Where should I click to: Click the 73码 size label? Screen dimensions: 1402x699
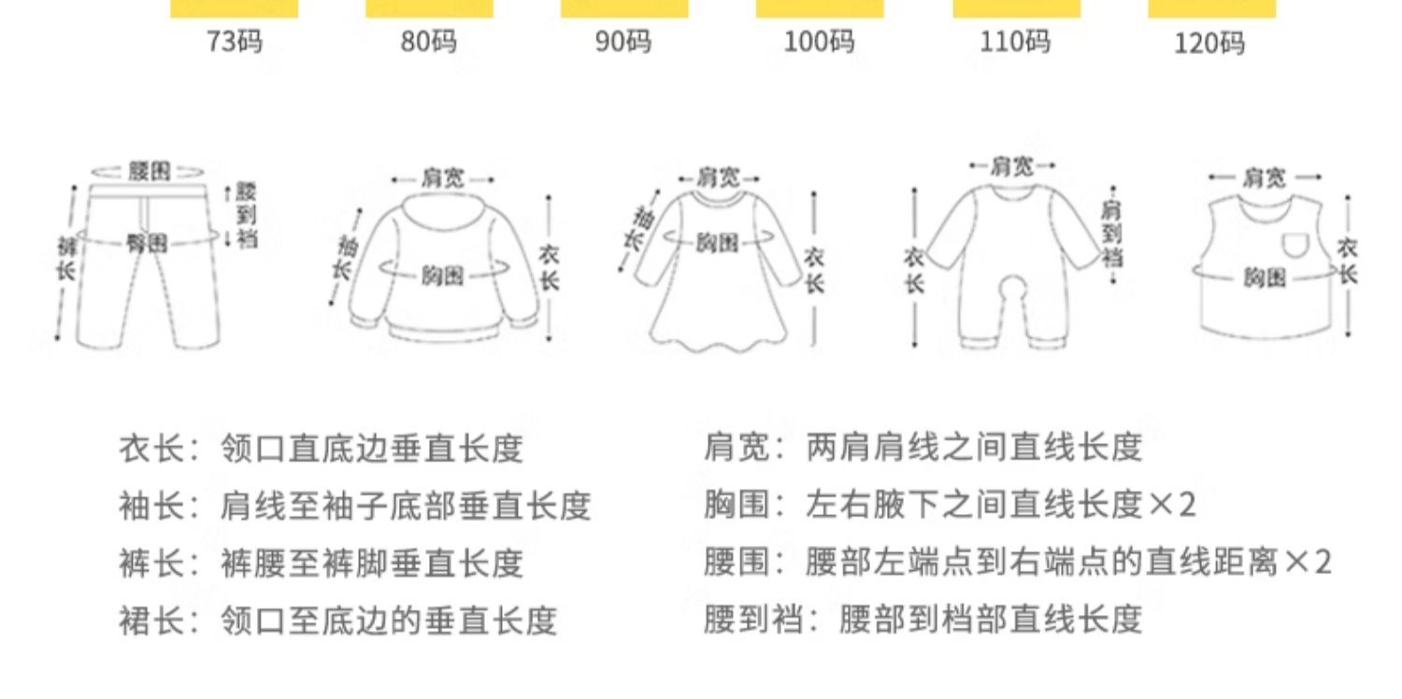pyautogui.click(x=234, y=42)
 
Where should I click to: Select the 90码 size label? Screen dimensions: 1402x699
pyautogui.click(x=623, y=43)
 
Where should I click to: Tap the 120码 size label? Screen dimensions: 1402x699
pyautogui.click(x=1209, y=43)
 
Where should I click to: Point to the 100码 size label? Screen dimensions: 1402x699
pyautogui.click(x=819, y=42)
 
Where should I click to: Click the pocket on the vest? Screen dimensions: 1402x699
pyautogui.click(x=1295, y=245)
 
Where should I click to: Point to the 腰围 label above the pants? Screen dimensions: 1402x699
pyautogui.click(x=150, y=171)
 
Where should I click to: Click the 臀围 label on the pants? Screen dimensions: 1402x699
pyautogui.click(x=148, y=244)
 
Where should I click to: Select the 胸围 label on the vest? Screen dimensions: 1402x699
pyautogui.click(x=1264, y=277)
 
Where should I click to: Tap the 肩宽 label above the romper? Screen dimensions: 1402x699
pyautogui.click(x=1012, y=166)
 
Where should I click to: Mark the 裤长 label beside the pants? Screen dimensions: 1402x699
pyautogui.click(x=66, y=259)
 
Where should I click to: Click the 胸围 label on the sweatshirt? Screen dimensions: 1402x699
pyautogui.click(x=442, y=276)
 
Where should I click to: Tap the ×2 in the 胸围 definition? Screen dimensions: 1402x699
pyautogui.click(x=1172, y=506)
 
